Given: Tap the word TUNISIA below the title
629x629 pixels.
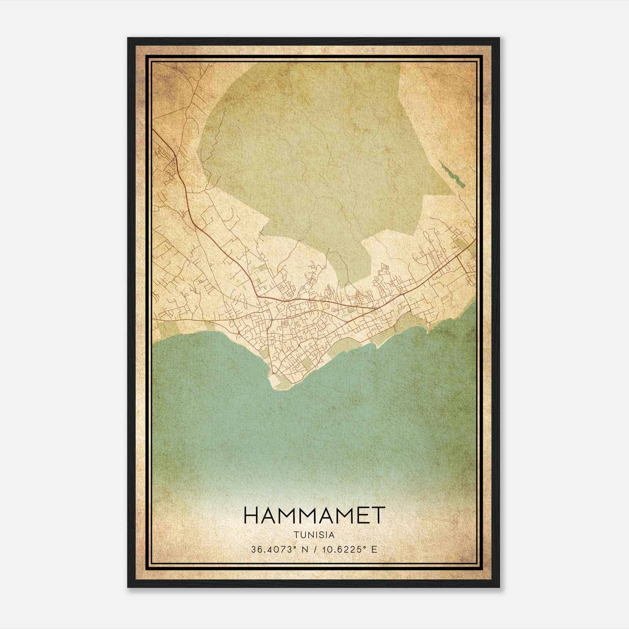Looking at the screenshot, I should pyautogui.click(x=313, y=535).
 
